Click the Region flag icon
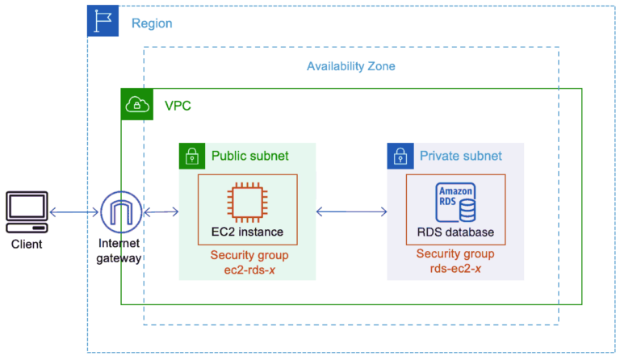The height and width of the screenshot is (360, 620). coord(103,21)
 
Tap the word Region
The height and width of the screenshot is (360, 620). coord(152,23)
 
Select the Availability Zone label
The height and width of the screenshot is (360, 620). coord(351,66)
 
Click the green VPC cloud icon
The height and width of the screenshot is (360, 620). coord(137,104)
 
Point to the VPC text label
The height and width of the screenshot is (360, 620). coord(178,106)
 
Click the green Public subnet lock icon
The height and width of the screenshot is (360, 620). coord(192,156)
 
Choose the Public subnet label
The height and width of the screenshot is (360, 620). coord(250,156)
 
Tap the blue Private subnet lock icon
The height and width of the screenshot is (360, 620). coord(400,156)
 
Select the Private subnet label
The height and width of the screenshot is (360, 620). coord(461,156)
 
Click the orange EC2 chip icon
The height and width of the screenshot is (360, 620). coord(248,203)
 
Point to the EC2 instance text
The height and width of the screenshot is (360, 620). coord(247,232)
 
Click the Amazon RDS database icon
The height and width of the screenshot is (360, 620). coord(455,203)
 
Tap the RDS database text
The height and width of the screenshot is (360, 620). coord(455,232)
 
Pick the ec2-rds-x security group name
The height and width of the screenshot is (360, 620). coord(249,270)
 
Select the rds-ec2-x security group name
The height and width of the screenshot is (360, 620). coord(455,269)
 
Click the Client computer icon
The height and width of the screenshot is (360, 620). coord(27,212)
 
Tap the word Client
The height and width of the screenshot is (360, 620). coord(27,245)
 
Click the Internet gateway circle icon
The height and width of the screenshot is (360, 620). coord(121,212)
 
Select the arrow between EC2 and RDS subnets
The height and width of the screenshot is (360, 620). coord(351,211)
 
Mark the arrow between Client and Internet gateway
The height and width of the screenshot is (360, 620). coord(74,212)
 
